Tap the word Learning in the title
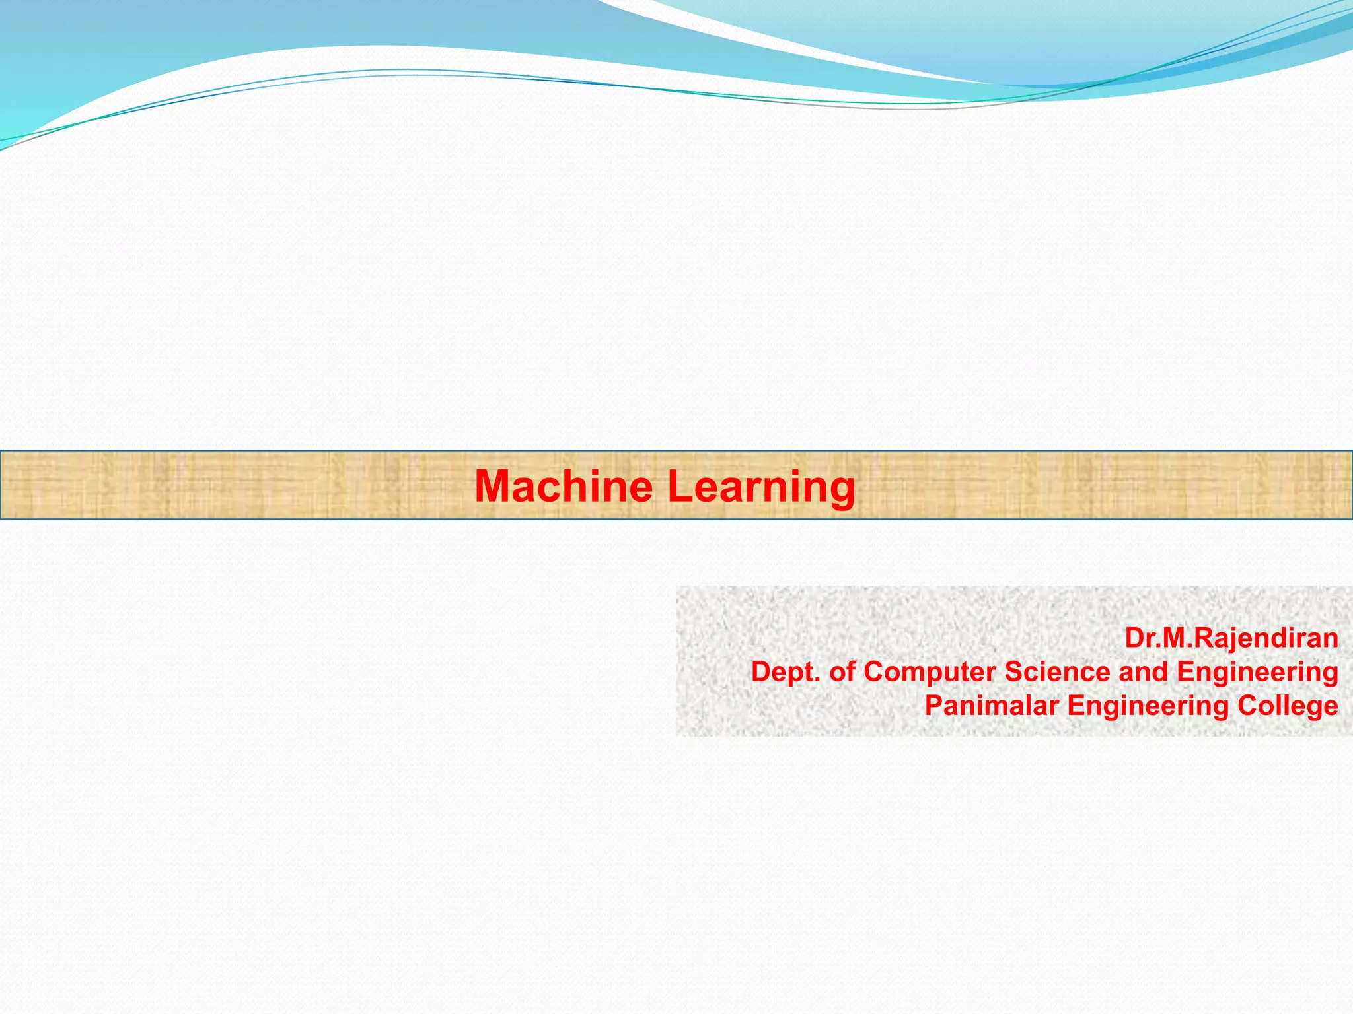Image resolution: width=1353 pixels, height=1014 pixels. point(761,487)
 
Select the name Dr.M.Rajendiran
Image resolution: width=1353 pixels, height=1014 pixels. point(1231,638)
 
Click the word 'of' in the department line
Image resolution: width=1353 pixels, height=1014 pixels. point(842,672)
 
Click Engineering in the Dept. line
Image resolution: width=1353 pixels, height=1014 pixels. point(1257,673)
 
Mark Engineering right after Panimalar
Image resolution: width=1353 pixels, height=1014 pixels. point(1148,706)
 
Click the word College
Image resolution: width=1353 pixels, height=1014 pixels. point(1288,706)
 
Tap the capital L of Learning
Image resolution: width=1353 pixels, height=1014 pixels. point(678,486)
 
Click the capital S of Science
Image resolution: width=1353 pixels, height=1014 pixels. point(1013,672)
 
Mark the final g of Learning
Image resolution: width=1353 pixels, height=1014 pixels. point(842,490)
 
